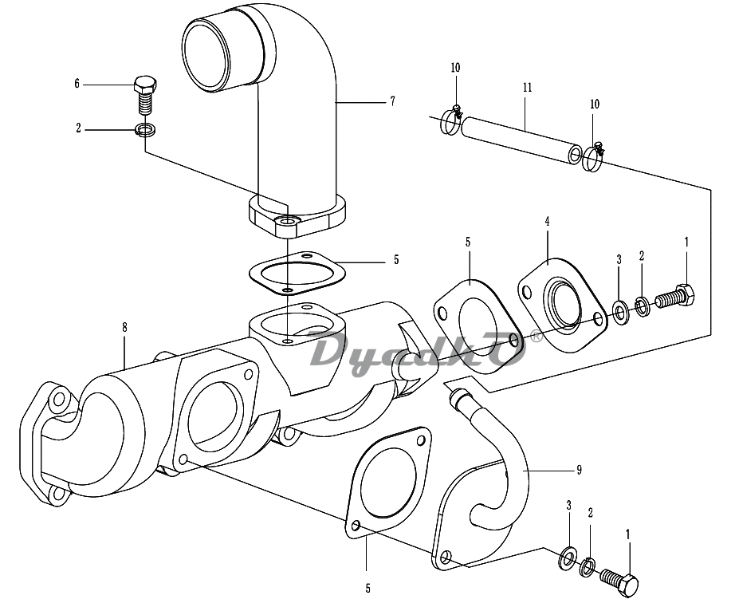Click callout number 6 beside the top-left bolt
[77, 84]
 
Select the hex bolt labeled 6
[145, 95]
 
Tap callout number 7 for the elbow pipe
[393, 101]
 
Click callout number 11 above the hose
[528, 88]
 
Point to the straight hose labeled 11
[521, 140]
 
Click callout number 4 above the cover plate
[548, 222]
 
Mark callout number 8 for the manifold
[124, 327]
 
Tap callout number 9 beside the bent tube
[580, 470]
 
